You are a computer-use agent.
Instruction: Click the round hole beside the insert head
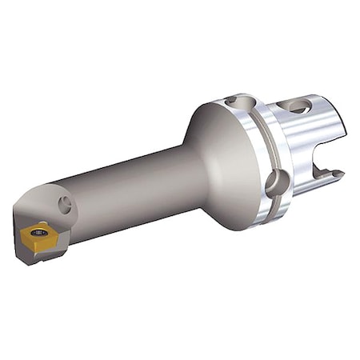[64, 206]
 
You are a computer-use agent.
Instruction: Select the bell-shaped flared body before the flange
[216, 160]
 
